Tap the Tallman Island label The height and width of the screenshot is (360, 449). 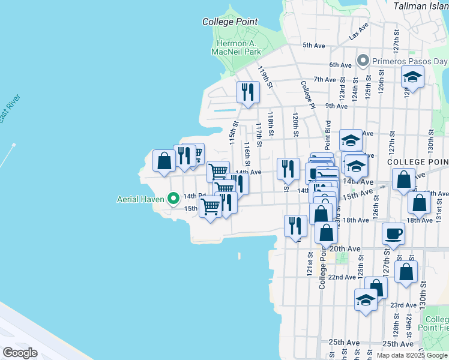pyautogui.click(x=421, y=5)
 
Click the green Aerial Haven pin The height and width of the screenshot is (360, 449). pyautogui.click(x=173, y=197)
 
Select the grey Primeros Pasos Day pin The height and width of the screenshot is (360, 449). pyautogui.click(x=363, y=61)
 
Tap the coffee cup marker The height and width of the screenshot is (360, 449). pyautogui.click(x=394, y=233)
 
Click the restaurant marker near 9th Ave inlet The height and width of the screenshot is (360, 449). pyautogui.click(x=247, y=92)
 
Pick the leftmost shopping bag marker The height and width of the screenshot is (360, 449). pyautogui.click(x=164, y=160)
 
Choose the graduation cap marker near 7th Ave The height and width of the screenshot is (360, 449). pyautogui.click(x=412, y=76)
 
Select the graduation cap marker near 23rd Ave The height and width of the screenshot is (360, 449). pyautogui.click(x=365, y=299)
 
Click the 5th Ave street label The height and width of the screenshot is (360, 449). pyautogui.click(x=313, y=45)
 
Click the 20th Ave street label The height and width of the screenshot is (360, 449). pyautogui.click(x=345, y=248)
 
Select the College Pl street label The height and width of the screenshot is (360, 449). pyautogui.click(x=307, y=94)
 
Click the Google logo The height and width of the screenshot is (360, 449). pyautogui.click(x=20, y=352)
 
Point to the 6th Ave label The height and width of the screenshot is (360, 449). pyautogui.click(x=340, y=65)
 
